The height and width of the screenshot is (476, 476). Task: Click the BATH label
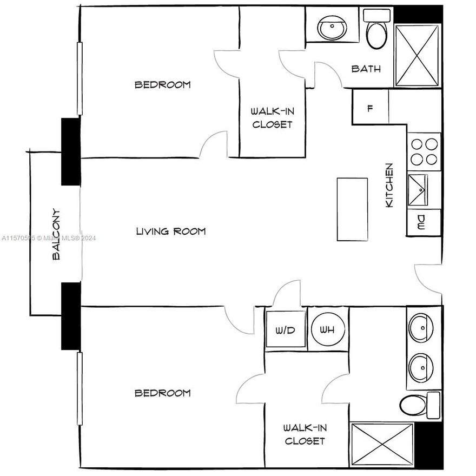(x=366, y=69)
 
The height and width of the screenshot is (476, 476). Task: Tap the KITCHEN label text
(x=389, y=185)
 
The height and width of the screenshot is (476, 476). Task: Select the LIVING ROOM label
(x=171, y=232)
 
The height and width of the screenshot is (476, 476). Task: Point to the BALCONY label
(x=56, y=235)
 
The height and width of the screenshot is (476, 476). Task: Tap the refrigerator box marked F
(x=371, y=108)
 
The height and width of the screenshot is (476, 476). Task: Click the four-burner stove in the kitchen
(x=424, y=151)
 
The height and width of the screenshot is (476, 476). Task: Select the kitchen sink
(x=418, y=190)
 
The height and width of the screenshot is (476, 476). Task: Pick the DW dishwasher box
(x=422, y=222)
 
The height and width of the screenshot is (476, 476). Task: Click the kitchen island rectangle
(x=352, y=209)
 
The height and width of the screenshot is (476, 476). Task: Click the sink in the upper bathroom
(x=332, y=27)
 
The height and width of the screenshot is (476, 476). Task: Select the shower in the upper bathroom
(x=416, y=55)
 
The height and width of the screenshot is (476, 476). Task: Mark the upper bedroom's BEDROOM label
(x=163, y=84)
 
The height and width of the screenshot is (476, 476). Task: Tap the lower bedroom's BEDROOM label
(x=163, y=393)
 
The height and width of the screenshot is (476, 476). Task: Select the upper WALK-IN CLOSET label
(x=272, y=118)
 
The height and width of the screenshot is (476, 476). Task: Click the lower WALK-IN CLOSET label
(x=305, y=434)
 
